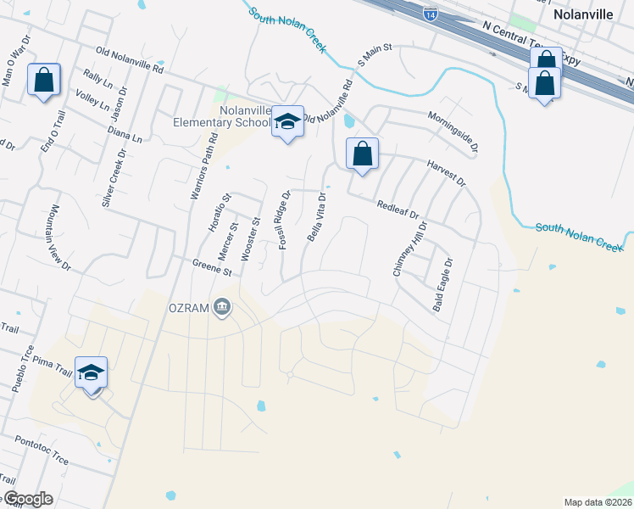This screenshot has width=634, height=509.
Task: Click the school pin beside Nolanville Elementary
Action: (x=287, y=122)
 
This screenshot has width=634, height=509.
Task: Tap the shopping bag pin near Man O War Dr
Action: (x=44, y=81)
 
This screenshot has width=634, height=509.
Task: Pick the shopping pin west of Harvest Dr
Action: (x=362, y=154)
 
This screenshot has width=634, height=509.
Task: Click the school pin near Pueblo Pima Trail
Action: (x=92, y=373)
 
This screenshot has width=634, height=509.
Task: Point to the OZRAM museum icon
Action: (x=222, y=305)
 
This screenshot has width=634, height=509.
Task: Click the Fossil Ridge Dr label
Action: (x=286, y=220)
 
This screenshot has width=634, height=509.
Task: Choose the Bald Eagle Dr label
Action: (x=443, y=285)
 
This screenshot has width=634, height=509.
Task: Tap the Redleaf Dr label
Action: (x=398, y=210)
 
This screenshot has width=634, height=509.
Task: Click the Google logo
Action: (x=27, y=499)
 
